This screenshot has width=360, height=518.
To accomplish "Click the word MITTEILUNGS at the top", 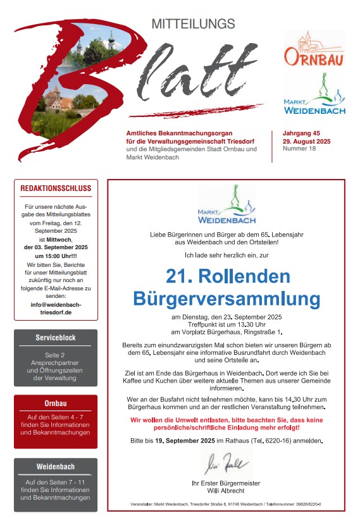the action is click(193, 24).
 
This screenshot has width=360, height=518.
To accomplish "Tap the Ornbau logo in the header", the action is click(314, 51).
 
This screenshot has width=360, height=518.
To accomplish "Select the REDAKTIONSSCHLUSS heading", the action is click(56, 188).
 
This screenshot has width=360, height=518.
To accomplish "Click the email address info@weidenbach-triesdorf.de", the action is click(56, 308).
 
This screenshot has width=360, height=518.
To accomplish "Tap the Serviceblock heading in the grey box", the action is click(56, 338).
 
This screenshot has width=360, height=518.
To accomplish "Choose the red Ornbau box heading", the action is click(56, 403).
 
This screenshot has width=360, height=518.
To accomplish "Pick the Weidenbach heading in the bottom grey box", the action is click(56, 467).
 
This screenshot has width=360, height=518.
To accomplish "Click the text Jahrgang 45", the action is click(303, 133).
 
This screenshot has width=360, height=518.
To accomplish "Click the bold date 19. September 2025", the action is click(185, 440).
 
